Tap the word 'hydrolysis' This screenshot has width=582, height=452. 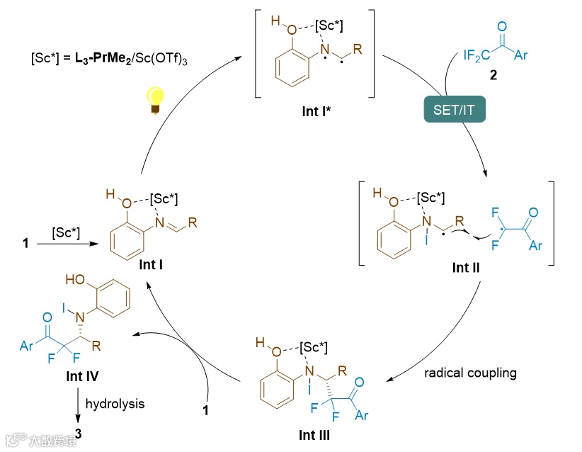tap(115, 404)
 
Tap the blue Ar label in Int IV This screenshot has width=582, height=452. tap(25, 346)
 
